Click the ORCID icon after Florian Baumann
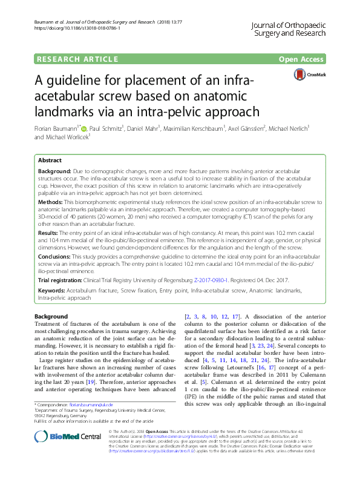click(84, 128)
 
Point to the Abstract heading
click(50, 161)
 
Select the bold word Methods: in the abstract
click(50, 201)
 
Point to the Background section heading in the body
click(51, 317)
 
